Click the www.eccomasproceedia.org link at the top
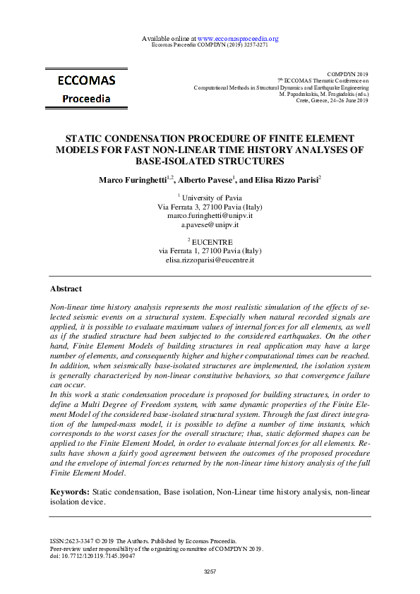point(238,38)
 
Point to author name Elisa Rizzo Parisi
point(283,180)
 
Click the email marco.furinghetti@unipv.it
point(210,215)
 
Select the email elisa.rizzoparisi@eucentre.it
point(210,260)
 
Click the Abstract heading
point(66,289)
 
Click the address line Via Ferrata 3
point(210,207)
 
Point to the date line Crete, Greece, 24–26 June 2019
point(333,100)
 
